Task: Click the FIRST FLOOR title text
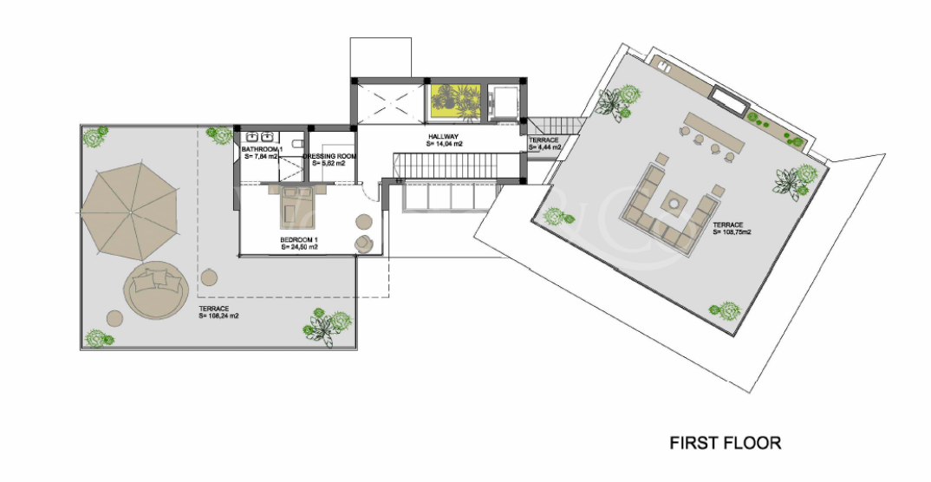point(725,443)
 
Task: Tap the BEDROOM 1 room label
point(299,239)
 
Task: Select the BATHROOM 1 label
point(262,150)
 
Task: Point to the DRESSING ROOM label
point(329,156)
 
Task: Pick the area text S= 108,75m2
point(732,232)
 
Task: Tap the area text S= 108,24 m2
point(218,316)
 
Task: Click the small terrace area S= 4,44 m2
point(544,147)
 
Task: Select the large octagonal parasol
point(129,212)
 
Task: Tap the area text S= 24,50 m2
point(299,247)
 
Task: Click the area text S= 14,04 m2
point(445,145)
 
